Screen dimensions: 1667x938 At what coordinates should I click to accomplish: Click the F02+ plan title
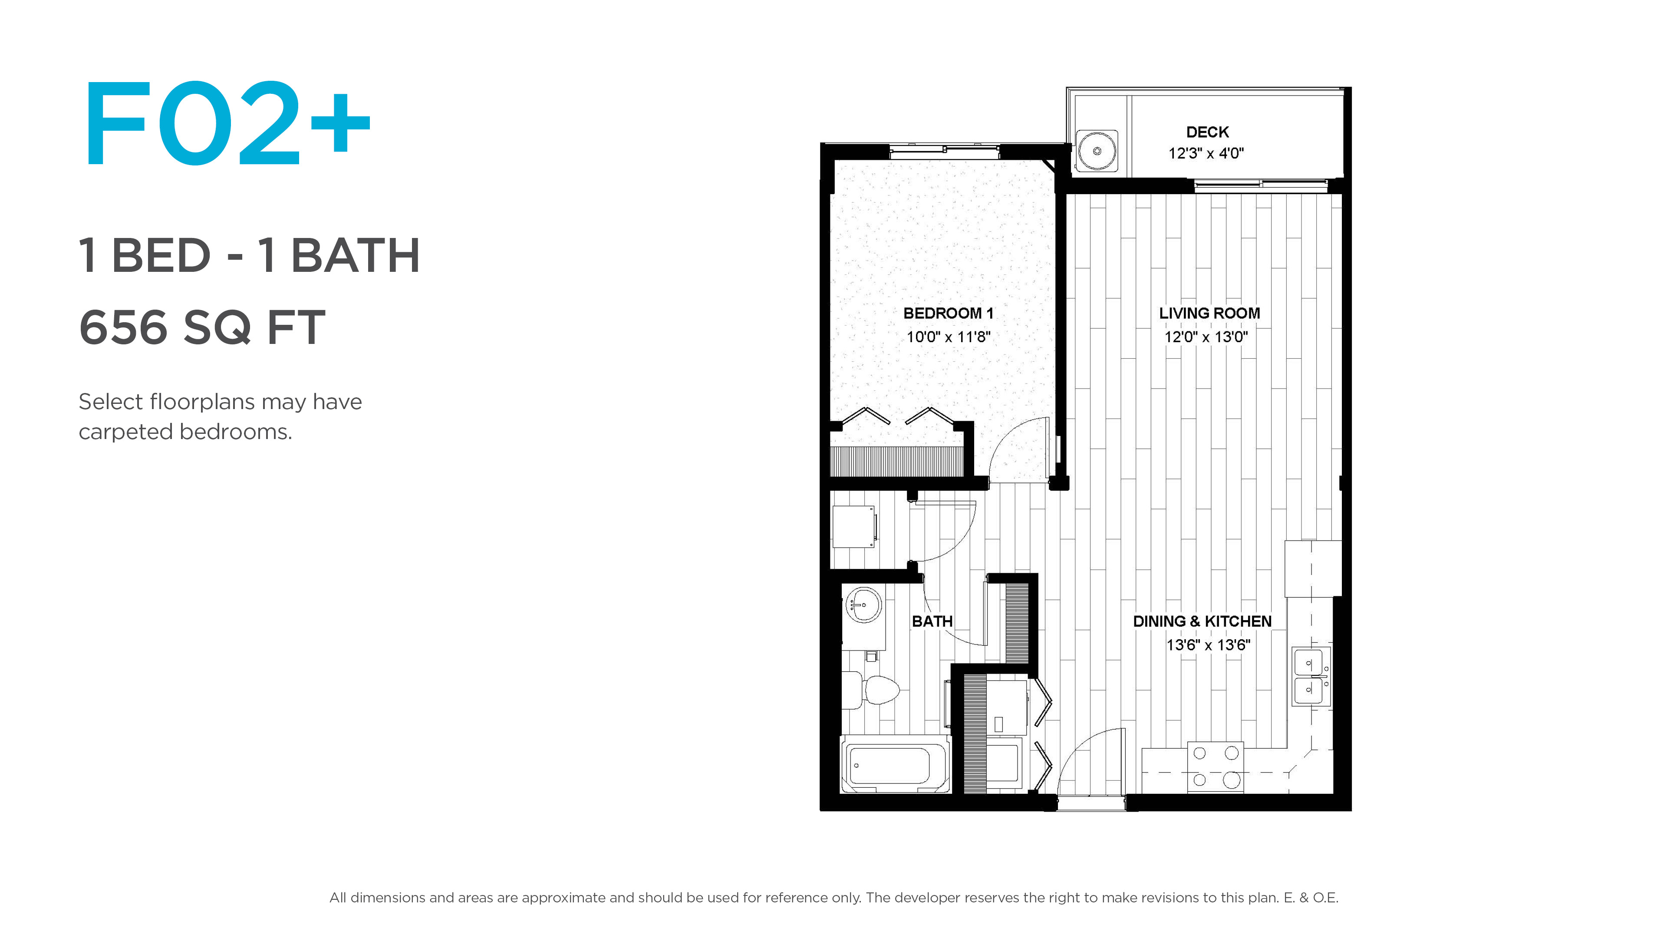(227, 123)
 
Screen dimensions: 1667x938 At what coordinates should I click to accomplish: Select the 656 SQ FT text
(202, 327)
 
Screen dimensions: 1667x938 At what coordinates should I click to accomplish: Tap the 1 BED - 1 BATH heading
(249, 255)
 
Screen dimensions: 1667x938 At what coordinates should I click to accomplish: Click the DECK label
(1207, 132)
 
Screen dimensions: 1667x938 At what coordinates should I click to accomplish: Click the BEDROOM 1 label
(948, 313)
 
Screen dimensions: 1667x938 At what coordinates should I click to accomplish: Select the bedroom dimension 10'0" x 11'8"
(948, 337)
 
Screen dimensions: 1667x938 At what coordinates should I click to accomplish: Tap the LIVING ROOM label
(1209, 313)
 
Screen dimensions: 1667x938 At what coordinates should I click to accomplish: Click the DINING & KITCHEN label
(1202, 621)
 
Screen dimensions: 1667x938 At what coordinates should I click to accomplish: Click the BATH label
(932, 621)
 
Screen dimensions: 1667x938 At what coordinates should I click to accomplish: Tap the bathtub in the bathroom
(895, 764)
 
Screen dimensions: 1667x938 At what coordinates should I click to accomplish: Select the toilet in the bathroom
(871, 690)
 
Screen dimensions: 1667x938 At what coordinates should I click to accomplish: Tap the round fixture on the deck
(1097, 151)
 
